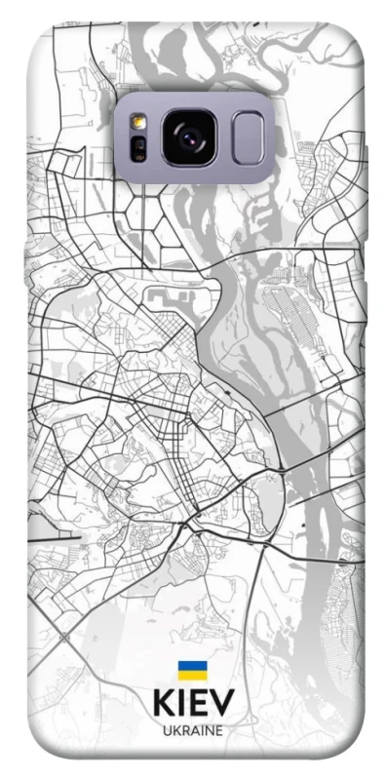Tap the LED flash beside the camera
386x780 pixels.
(138, 123)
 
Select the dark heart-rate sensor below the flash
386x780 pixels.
(138, 148)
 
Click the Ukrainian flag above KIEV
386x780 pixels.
(192, 670)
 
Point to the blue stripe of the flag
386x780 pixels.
(192, 666)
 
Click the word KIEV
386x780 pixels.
(192, 703)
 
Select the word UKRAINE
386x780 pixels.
(192, 729)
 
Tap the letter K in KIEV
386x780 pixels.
(162, 703)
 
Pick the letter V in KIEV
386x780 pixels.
(221, 703)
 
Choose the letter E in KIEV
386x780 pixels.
(199, 703)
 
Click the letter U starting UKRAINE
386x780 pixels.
(165, 729)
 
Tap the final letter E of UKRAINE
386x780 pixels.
(219, 729)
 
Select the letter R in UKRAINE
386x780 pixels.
(183, 729)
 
